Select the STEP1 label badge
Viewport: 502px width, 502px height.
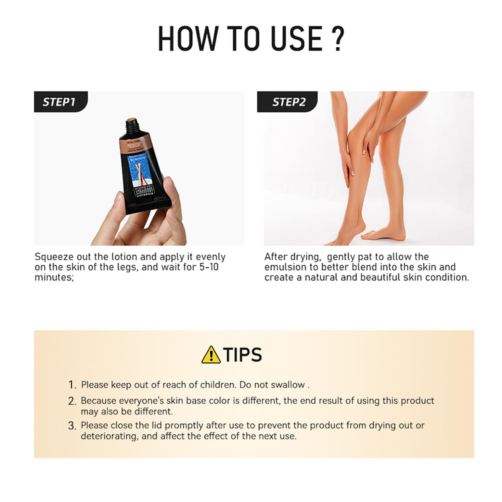[x=59, y=102]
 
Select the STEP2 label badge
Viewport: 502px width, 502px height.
[x=289, y=102]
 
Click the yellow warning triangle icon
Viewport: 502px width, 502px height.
[x=211, y=355]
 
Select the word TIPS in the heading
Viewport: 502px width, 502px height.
[x=243, y=355]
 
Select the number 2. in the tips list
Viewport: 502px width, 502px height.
[x=72, y=401]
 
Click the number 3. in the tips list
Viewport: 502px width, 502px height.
[x=72, y=426]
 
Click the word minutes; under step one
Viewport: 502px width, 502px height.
[x=54, y=277]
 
